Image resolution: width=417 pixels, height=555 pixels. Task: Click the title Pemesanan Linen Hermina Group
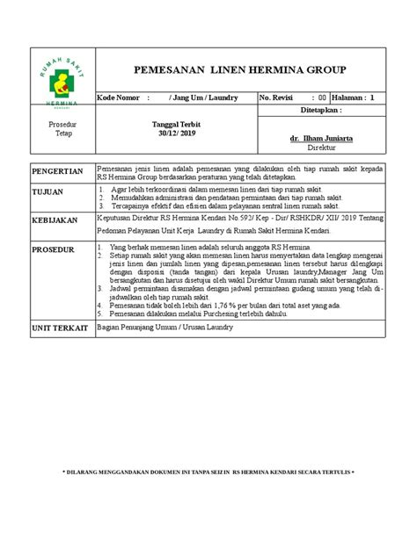239,69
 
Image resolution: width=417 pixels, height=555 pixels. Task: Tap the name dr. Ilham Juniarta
321,140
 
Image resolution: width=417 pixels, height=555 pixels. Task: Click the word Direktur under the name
321,150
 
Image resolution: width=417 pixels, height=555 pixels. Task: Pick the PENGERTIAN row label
58,171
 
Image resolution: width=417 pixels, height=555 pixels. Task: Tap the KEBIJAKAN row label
55,221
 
